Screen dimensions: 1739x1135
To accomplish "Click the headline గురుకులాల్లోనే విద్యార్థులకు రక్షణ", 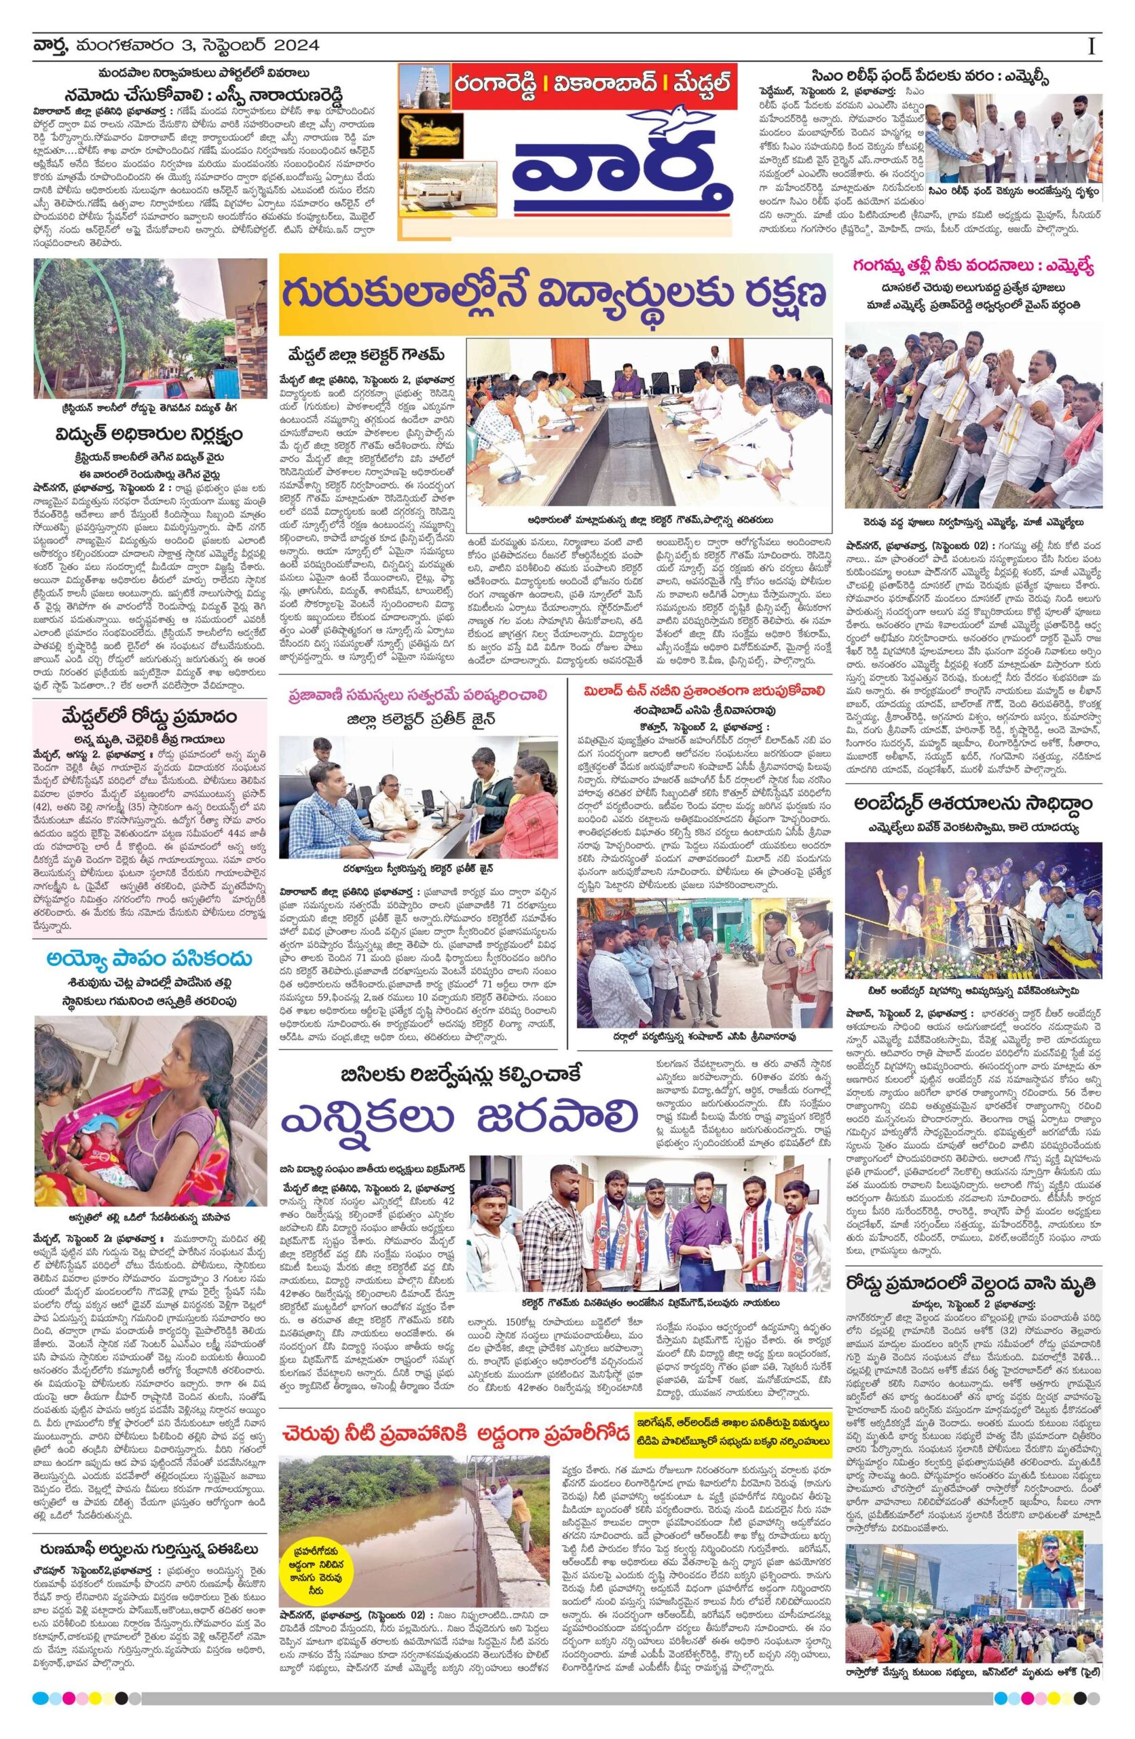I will coord(555,293).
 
